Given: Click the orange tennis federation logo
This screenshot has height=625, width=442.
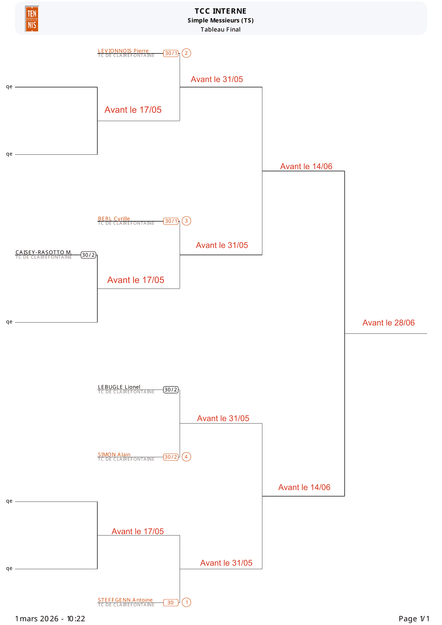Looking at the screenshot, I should click(32, 19).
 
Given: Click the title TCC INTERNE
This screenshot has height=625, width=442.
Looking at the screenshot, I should click(220, 11).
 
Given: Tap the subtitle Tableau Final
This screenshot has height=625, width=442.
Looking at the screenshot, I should click(220, 29).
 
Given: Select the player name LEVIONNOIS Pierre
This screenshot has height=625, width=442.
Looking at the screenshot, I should click(123, 51).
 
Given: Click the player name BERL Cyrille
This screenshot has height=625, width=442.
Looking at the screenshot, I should click(114, 219).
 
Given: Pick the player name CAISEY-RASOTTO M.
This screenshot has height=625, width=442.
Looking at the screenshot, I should click(44, 252).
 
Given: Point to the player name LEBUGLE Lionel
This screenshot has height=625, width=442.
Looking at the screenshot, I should click(119, 387).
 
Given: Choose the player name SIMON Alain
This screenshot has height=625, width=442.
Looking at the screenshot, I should click(114, 455).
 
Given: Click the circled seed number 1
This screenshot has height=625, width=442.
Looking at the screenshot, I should click(186, 602).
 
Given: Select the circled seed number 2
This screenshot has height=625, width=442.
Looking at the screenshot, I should click(186, 53).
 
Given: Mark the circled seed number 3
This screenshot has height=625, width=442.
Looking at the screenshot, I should click(186, 221).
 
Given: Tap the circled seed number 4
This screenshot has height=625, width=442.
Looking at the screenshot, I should click(186, 457).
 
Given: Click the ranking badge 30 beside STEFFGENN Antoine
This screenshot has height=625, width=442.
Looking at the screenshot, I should click(171, 603).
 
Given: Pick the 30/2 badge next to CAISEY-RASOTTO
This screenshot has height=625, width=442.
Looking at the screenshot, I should click(88, 255).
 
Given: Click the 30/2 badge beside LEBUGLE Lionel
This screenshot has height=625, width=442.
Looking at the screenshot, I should click(171, 390).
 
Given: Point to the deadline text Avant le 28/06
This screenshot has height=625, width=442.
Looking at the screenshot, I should click(388, 323).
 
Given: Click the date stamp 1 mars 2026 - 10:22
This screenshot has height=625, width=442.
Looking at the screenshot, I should click(50, 619).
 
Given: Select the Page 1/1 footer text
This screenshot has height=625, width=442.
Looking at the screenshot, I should click(414, 619).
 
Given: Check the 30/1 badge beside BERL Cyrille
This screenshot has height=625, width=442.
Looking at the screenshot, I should click(171, 221).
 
